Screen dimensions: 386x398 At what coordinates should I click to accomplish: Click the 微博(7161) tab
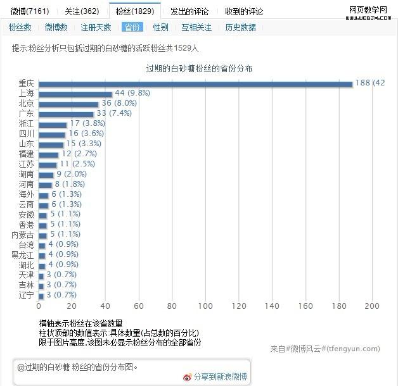point(29,11)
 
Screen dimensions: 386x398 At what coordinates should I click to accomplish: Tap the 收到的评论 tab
point(244,11)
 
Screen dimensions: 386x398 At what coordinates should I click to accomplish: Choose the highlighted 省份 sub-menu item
point(132,27)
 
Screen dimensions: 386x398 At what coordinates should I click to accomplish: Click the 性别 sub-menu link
point(160,27)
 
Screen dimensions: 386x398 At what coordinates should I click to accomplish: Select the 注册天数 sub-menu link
point(96,27)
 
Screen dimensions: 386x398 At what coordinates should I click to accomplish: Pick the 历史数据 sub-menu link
point(240,27)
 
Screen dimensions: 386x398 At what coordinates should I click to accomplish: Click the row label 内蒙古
point(23,234)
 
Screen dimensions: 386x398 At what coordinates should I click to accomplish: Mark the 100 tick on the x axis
point(205,306)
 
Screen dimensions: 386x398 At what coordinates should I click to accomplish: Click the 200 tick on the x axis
point(372,306)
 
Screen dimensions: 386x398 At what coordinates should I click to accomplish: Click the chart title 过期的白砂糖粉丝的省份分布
point(199,68)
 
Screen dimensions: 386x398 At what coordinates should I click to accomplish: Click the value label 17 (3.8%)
point(87,123)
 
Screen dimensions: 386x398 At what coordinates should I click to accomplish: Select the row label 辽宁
point(27,295)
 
